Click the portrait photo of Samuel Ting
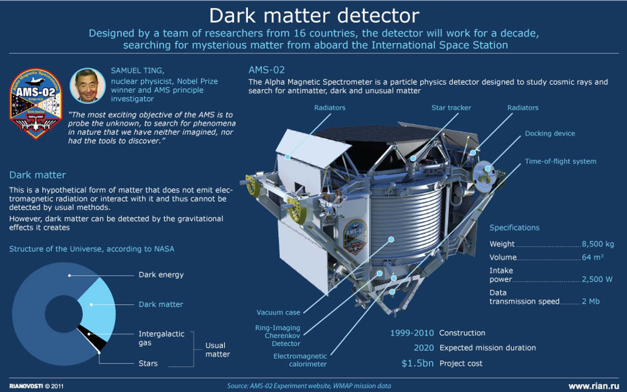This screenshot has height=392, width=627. (x=88, y=86)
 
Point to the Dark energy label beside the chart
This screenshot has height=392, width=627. (x=161, y=275)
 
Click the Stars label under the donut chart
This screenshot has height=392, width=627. (x=148, y=363)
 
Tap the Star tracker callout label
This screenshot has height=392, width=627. (x=451, y=108)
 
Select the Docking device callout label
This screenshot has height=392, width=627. (x=550, y=133)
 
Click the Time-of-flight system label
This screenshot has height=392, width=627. (x=560, y=161)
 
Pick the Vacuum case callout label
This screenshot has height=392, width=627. (x=278, y=312)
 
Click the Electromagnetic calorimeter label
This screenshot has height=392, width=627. (x=300, y=360)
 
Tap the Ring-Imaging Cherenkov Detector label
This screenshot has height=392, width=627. (x=278, y=336)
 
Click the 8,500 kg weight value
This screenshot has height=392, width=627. (x=598, y=244)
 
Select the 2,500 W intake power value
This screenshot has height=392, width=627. (x=597, y=279)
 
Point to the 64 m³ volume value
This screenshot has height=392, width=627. (x=592, y=257)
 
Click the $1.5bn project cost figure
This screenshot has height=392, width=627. (x=417, y=363)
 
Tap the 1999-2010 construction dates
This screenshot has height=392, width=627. (x=412, y=333)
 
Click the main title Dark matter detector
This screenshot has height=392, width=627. (x=314, y=15)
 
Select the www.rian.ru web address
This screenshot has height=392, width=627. (x=594, y=386)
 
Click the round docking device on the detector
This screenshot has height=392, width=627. (x=484, y=176)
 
